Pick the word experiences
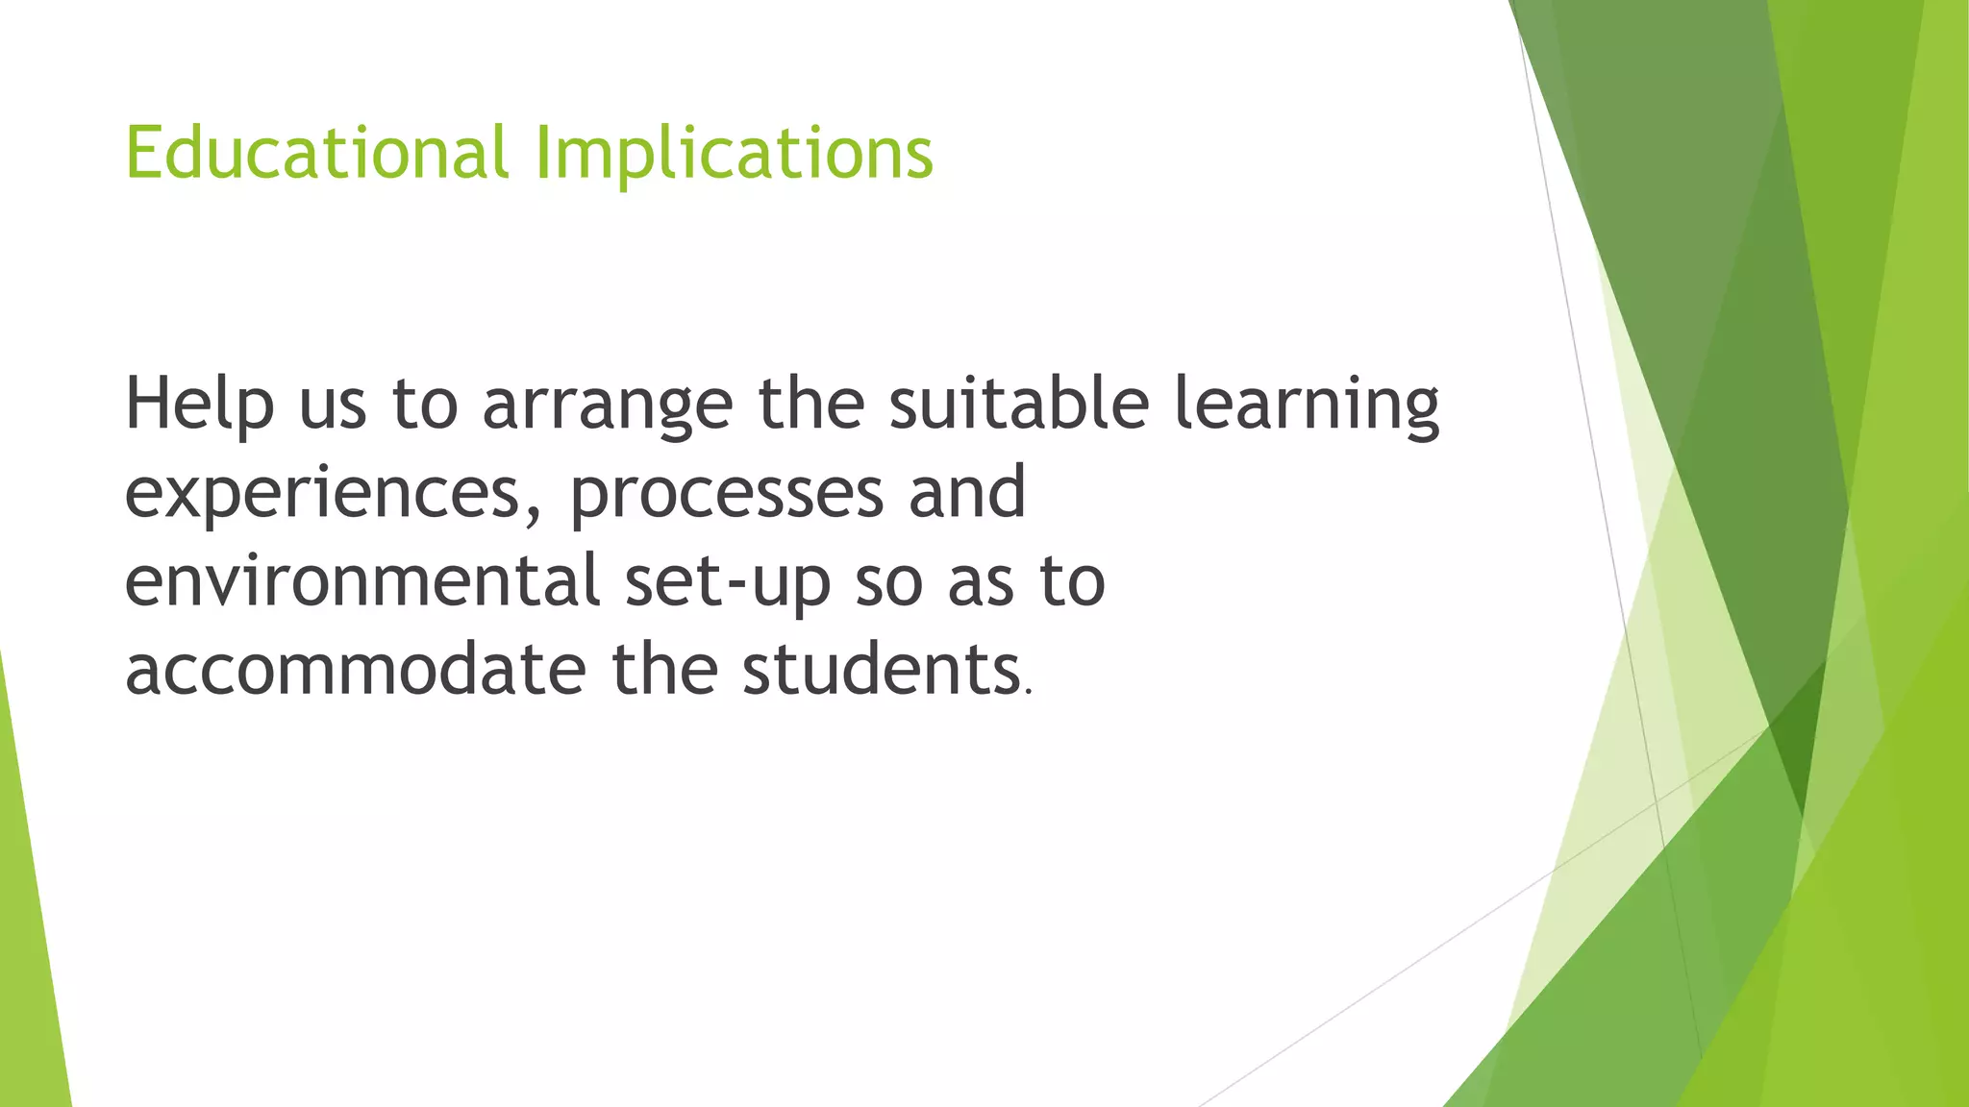(323, 493)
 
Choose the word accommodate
(356, 670)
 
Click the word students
(880, 670)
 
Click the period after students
(1029, 690)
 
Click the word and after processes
(967, 493)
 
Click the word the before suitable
(811, 404)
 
